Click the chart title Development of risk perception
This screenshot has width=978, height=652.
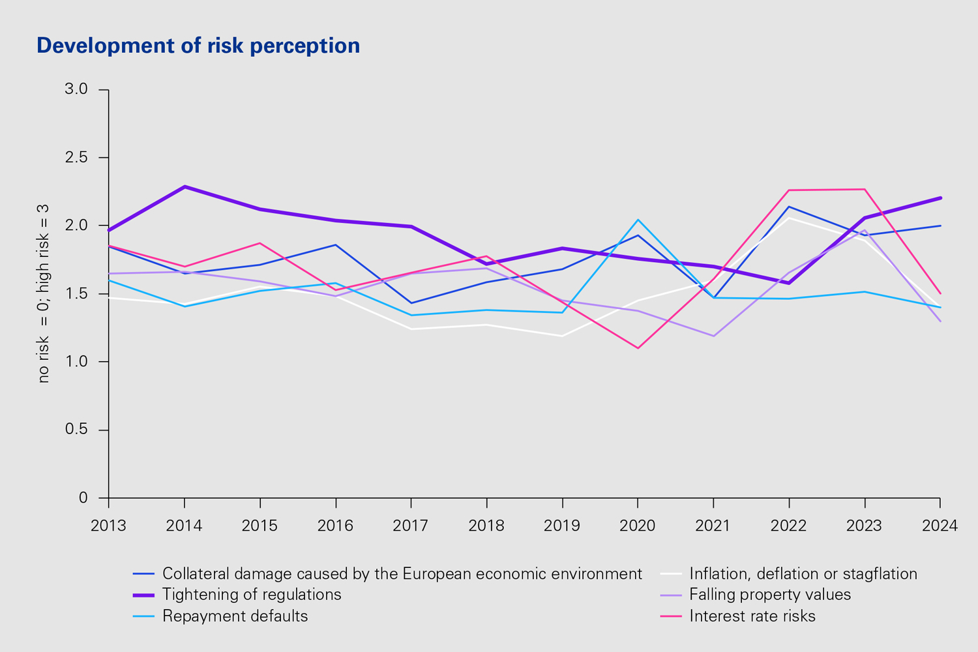(x=198, y=46)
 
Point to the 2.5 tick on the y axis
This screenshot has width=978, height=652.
(x=76, y=158)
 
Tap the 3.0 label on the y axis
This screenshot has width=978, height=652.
(x=76, y=89)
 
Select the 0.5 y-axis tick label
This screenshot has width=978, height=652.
(x=76, y=430)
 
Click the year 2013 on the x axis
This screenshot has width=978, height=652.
(x=108, y=526)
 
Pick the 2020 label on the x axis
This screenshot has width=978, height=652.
(x=638, y=526)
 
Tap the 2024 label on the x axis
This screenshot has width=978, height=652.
(x=940, y=526)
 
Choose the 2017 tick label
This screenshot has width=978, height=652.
(x=411, y=526)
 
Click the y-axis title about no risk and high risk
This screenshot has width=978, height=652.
(x=44, y=293)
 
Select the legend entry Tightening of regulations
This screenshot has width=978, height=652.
(x=252, y=595)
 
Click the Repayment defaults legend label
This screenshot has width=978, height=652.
(x=235, y=616)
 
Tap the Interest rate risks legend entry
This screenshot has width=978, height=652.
(x=752, y=616)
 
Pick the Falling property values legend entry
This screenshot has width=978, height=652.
(x=770, y=595)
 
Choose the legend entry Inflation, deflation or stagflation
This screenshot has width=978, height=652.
(x=803, y=574)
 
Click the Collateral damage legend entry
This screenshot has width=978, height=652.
(x=402, y=574)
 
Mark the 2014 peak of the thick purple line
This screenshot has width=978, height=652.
(x=185, y=186)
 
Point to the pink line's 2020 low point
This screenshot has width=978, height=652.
(x=638, y=348)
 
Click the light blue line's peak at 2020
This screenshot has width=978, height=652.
(x=638, y=220)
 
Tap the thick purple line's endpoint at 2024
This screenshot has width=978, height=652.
(x=940, y=198)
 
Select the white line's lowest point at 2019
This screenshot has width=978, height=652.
(x=562, y=336)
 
